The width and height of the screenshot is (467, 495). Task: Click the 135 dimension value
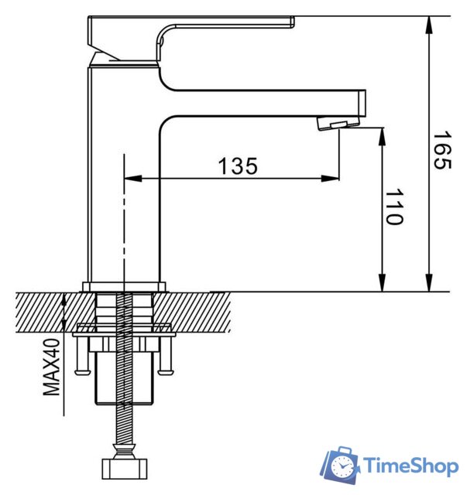click(x=237, y=166)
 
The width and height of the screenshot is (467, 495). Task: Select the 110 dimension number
click(x=394, y=207)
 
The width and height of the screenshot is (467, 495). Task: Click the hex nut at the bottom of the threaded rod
click(x=124, y=469)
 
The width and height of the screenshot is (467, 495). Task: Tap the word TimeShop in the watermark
click(x=411, y=466)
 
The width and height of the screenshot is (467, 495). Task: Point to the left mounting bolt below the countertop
click(x=81, y=356)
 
